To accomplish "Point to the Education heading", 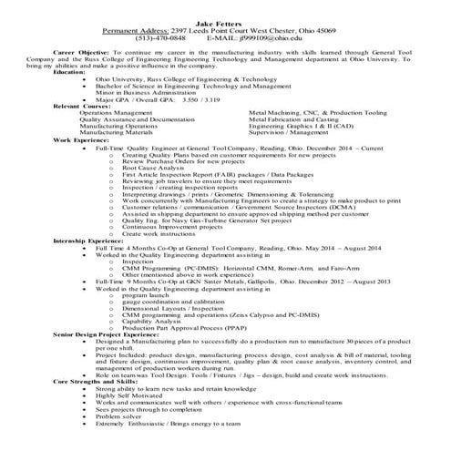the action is pos(71,71).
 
